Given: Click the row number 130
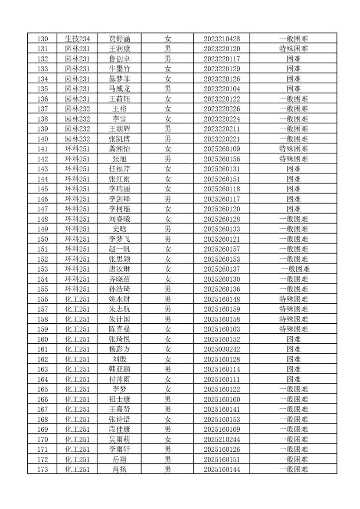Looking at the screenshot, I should tap(43, 39).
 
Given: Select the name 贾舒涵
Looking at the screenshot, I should tap(119, 39).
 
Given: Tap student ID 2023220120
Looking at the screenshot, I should tap(222, 49).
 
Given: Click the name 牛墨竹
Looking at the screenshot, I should tap(119, 69).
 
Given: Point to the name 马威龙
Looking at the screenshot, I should tap(119, 89).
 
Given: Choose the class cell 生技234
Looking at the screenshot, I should tap(77, 39).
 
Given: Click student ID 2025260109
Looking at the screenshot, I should tap(222, 149).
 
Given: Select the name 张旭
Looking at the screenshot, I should tap(119, 159).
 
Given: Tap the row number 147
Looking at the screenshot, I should tap(43, 209).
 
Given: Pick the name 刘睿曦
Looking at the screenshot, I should tap(119, 219).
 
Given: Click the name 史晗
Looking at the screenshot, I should tap(119, 229).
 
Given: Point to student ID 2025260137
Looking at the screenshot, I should tap(222, 269).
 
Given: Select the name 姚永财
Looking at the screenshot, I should tap(119, 299).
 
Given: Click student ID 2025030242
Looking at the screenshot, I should tap(222, 349).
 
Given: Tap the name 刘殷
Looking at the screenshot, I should tap(119, 359).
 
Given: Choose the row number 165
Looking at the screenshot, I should tap(43, 389).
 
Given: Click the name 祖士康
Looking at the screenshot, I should tap(119, 399).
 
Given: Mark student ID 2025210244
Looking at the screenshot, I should tap(222, 439).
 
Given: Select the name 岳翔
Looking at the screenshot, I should tap(119, 459).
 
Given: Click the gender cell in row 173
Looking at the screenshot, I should tap(167, 469).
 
